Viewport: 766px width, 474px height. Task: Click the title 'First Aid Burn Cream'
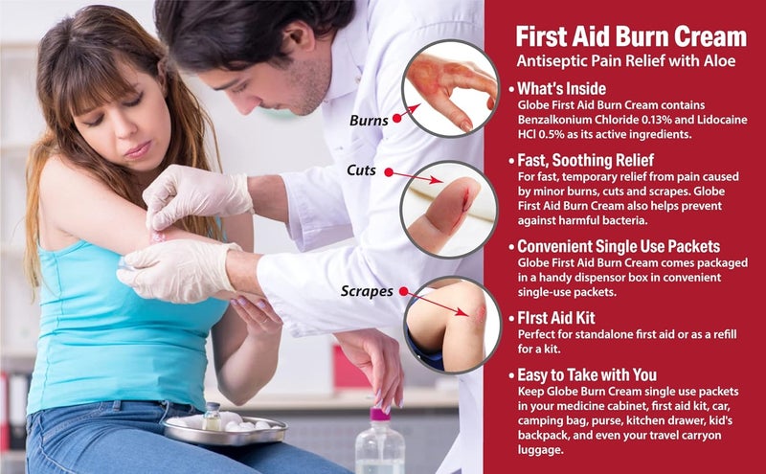[630, 35]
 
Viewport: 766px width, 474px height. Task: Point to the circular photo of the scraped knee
[450, 324]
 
